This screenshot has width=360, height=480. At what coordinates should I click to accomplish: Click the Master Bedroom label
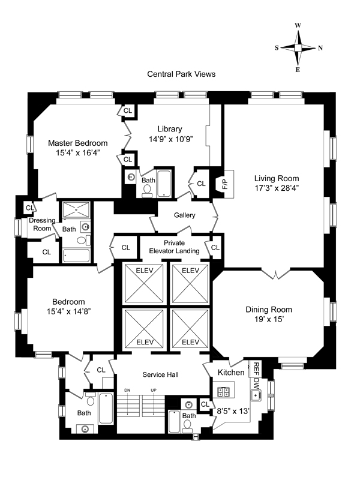click(x=78, y=143)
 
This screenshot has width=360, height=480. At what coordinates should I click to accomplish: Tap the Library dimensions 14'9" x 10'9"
click(x=170, y=139)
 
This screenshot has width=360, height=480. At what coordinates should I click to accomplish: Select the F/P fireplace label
click(x=226, y=184)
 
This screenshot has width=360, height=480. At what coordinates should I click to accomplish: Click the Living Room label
click(x=277, y=178)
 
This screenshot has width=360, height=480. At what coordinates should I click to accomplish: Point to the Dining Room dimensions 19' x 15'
click(x=269, y=319)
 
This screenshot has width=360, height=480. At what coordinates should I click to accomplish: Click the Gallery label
click(x=184, y=215)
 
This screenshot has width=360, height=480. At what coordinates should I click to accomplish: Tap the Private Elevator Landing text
click(x=174, y=247)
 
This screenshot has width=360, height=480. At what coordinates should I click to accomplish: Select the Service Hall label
click(x=160, y=374)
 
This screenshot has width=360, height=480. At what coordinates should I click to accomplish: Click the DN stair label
click(x=127, y=391)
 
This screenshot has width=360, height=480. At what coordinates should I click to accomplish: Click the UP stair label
click(x=154, y=391)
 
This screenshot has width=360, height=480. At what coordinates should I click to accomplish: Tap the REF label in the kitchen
click(x=257, y=369)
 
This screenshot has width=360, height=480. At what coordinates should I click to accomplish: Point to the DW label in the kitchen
click(x=257, y=383)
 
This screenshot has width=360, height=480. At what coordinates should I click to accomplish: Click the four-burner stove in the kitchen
click(x=223, y=392)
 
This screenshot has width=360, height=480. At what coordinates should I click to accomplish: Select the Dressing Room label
click(x=42, y=224)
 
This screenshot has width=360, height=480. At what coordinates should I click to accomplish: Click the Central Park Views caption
click(x=181, y=74)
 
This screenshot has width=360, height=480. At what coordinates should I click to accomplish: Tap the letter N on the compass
click(x=320, y=48)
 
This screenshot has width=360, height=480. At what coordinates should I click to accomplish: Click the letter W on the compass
click(x=298, y=26)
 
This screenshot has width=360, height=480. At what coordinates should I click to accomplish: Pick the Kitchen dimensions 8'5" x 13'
click(x=233, y=411)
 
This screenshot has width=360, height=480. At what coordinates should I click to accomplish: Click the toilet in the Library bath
click(x=147, y=190)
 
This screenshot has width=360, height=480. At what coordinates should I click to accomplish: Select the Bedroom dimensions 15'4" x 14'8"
click(x=68, y=311)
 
